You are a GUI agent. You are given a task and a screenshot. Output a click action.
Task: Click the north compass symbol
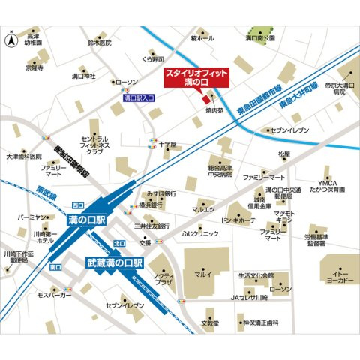(x=9, y=43)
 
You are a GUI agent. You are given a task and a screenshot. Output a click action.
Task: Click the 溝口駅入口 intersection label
(x=138, y=97)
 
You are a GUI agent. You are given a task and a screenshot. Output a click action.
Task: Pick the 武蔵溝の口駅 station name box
(x=114, y=264)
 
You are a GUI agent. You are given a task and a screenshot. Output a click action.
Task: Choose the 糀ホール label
(x=202, y=37)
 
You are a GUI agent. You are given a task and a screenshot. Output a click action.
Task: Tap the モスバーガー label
(x=53, y=295)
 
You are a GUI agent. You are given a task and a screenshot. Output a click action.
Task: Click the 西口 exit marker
(x=77, y=204)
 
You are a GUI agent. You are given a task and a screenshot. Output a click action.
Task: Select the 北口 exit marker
(x=118, y=243)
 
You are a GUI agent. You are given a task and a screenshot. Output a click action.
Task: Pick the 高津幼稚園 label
(x=34, y=40)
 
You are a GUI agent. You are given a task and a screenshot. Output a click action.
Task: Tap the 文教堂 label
(x=211, y=323)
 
